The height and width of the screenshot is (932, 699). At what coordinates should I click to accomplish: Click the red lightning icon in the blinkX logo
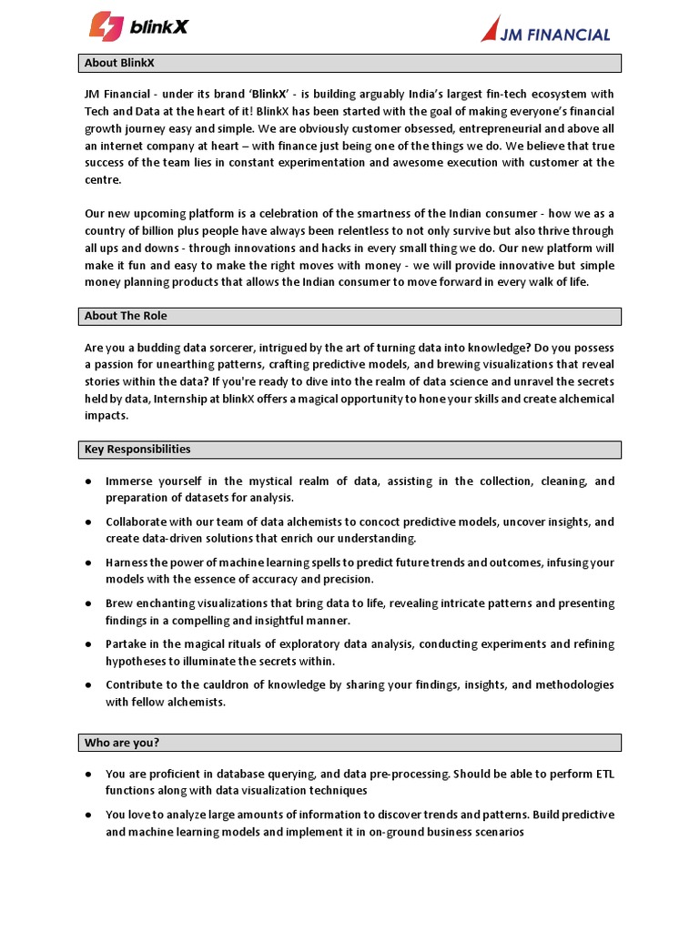[x=106, y=25]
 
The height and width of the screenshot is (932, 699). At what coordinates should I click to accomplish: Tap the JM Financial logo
[x=546, y=30]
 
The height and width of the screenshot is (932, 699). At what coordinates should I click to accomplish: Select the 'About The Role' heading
[x=126, y=316]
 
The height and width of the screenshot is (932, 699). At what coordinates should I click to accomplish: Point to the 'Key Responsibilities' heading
[x=137, y=450]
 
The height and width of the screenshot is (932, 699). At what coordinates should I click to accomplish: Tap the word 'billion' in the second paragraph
[x=157, y=231]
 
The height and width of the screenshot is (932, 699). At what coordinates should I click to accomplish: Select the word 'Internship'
[x=186, y=399]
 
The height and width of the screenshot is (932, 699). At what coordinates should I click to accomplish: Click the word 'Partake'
[x=128, y=644]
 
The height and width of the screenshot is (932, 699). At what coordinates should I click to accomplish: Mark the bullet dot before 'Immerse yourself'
[x=87, y=481]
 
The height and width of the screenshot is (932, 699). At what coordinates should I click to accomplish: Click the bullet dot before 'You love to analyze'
[x=87, y=815]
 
